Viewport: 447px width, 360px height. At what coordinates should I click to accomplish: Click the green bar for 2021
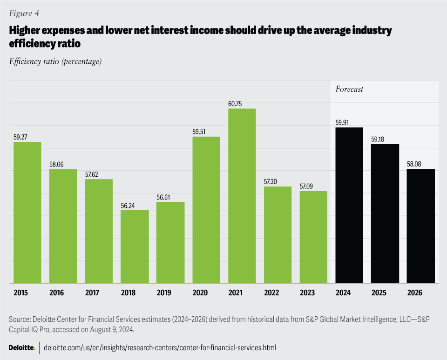pyautogui.click(x=242, y=196)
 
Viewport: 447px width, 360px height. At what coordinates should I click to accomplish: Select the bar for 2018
pyautogui.click(x=135, y=247)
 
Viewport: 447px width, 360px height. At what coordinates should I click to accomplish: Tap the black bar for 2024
pyautogui.click(x=349, y=205)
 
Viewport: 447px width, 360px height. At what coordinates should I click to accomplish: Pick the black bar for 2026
pyautogui.click(x=420, y=226)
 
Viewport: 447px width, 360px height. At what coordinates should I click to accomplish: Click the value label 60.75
pyautogui.click(x=242, y=103)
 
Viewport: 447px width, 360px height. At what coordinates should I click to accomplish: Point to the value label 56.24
pyautogui.click(x=135, y=205)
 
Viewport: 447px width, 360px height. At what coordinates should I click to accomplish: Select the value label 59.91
pyautogui.click(x=349, y=122)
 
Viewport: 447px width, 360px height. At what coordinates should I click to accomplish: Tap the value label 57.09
pyautogui.click(x=313, y=186)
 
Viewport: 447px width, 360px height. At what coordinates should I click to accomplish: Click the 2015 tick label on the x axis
pyautogui.click(x=20, y=293)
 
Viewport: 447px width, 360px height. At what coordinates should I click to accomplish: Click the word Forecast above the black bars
pyautogui.click(x=349, y=89)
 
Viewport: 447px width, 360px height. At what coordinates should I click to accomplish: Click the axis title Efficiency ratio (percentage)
pyautogui.click(x=55, y=61)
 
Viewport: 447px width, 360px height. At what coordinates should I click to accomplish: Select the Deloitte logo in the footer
pyautogui.click(x=21, y=347)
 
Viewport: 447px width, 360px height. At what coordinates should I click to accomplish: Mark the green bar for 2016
pyautogui.click(x=63, y=226)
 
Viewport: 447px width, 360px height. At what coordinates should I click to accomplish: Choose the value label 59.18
pyautogui.click(x=385, y=139)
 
